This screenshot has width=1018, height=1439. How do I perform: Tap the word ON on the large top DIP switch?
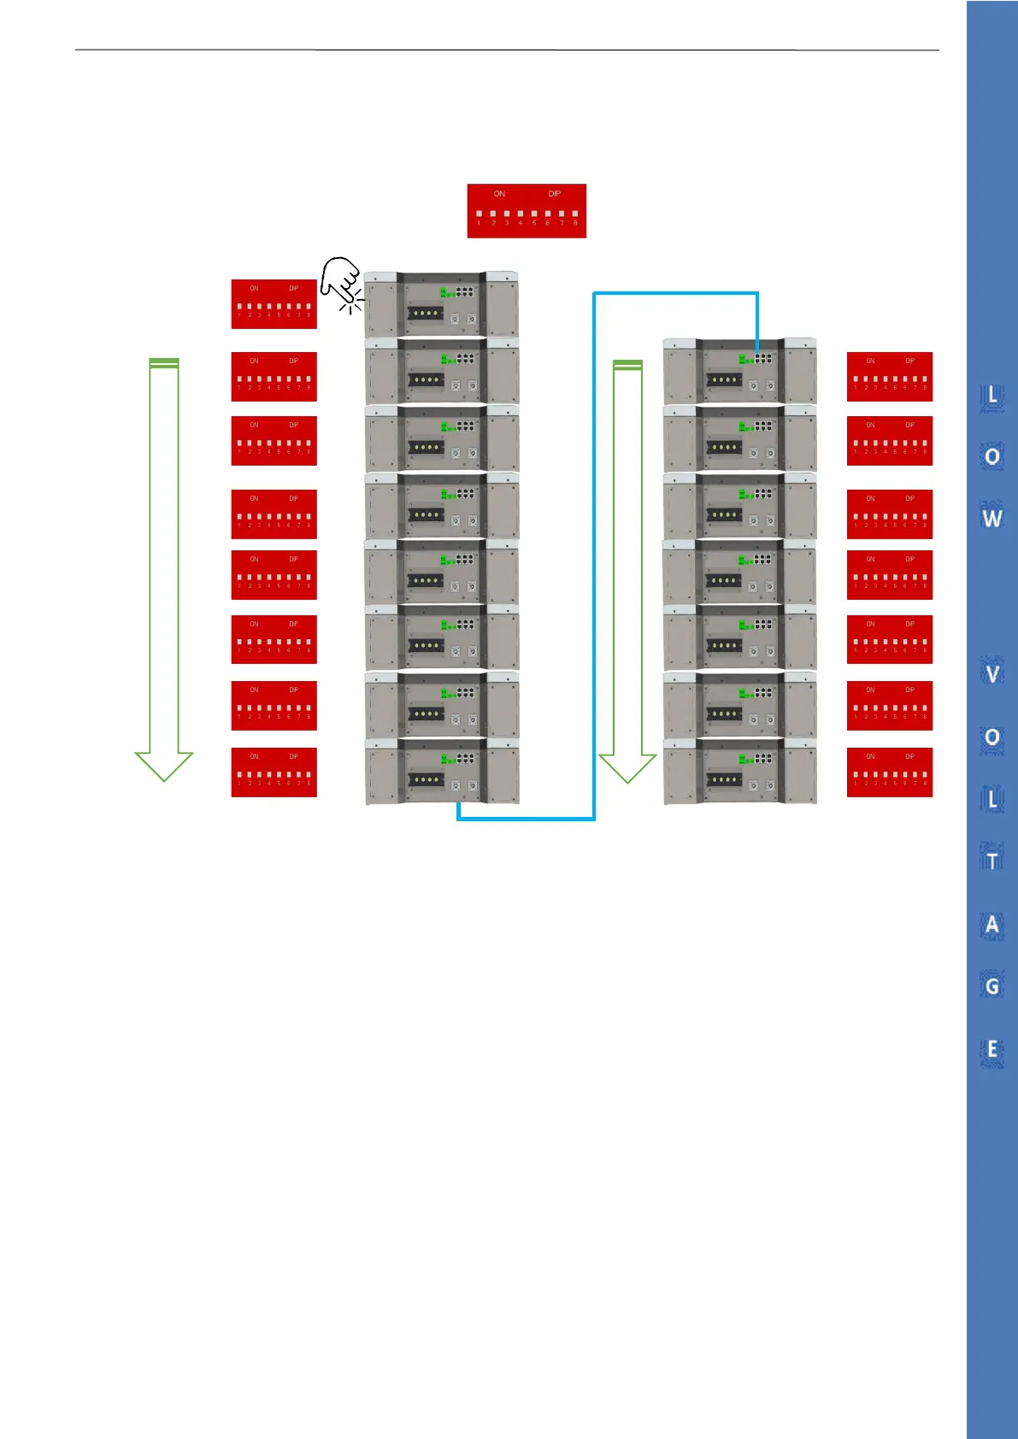point(499,194)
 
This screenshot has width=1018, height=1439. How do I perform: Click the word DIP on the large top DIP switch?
point(555,194)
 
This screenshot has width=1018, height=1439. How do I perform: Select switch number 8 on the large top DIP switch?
point(575,214)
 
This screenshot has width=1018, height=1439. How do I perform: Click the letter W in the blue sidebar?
point(992,518)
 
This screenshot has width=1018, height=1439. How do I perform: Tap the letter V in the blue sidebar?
point(992,674)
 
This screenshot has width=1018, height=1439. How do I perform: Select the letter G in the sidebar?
point(992,987)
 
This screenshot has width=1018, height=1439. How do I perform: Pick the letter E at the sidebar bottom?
point(992,1049)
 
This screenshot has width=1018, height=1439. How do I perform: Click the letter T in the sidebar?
point(992,860)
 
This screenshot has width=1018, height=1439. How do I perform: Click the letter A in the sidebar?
point(992,925)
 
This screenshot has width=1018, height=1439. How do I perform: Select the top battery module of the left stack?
point(442,305)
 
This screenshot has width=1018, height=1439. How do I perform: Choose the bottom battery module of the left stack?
point(442,772)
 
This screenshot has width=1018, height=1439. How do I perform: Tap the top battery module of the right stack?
point(740,371)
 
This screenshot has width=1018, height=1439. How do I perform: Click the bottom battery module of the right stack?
point(740,772)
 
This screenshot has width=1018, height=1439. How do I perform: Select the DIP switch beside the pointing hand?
point(274,303)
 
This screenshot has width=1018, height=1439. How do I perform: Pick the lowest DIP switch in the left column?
point(274,772)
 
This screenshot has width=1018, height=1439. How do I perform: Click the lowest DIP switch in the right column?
point(889,772)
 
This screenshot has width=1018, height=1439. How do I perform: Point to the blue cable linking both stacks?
point(594,555)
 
